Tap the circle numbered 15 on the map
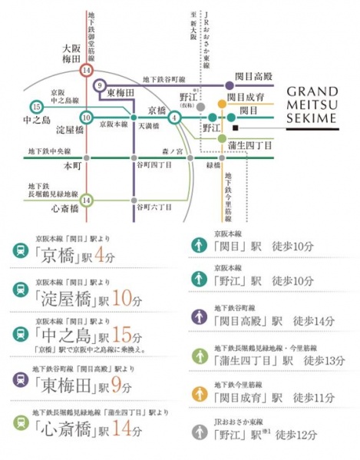tap(36, 106)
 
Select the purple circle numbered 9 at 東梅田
tap(100, 84)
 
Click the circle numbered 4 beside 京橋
tap(175, 117)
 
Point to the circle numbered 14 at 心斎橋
tap(87, 200)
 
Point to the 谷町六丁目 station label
tap(150, 206)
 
